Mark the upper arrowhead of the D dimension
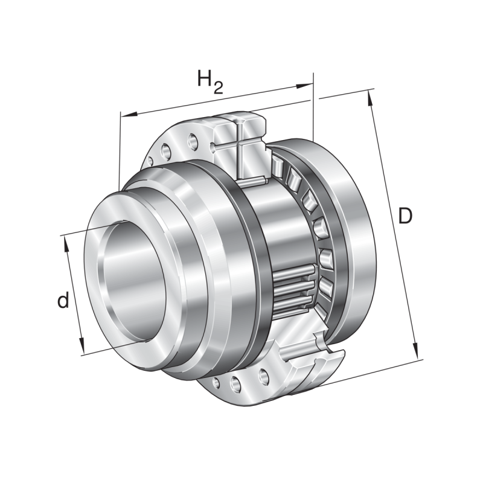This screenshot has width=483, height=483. click(x=370, y=97)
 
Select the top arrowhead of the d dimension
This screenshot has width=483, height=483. click(x=65, y=240)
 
